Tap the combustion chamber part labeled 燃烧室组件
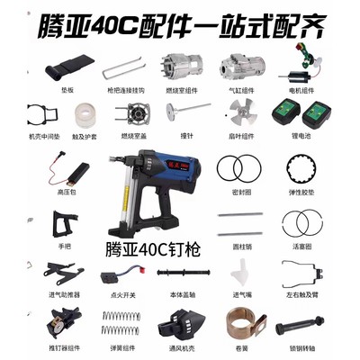177,66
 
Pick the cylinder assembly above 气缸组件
236,66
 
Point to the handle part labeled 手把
65,221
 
